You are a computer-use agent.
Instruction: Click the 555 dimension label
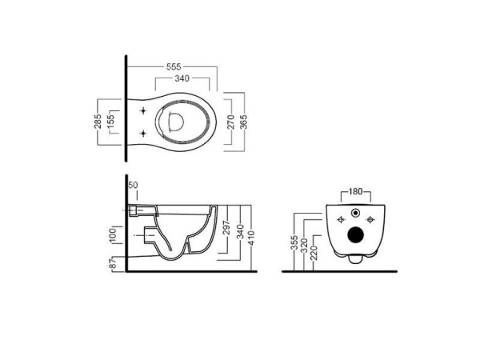click(x=174, y=66)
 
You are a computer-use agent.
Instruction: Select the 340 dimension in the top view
click(x=182, y=78)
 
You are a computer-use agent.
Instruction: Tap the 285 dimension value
click(x=98, y=122)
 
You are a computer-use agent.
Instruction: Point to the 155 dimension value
click(x=110, y=122)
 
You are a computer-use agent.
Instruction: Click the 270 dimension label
click(x=231, y=122)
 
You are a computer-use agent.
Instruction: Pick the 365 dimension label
click(x=244, y=122)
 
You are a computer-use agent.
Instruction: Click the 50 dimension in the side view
click(x=133, y=186)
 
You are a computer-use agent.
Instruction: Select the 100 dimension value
click(x=113, y=235)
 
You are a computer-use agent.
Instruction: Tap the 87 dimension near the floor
click(x=114, y=263)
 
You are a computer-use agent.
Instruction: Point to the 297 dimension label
click(x=227, y=227)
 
